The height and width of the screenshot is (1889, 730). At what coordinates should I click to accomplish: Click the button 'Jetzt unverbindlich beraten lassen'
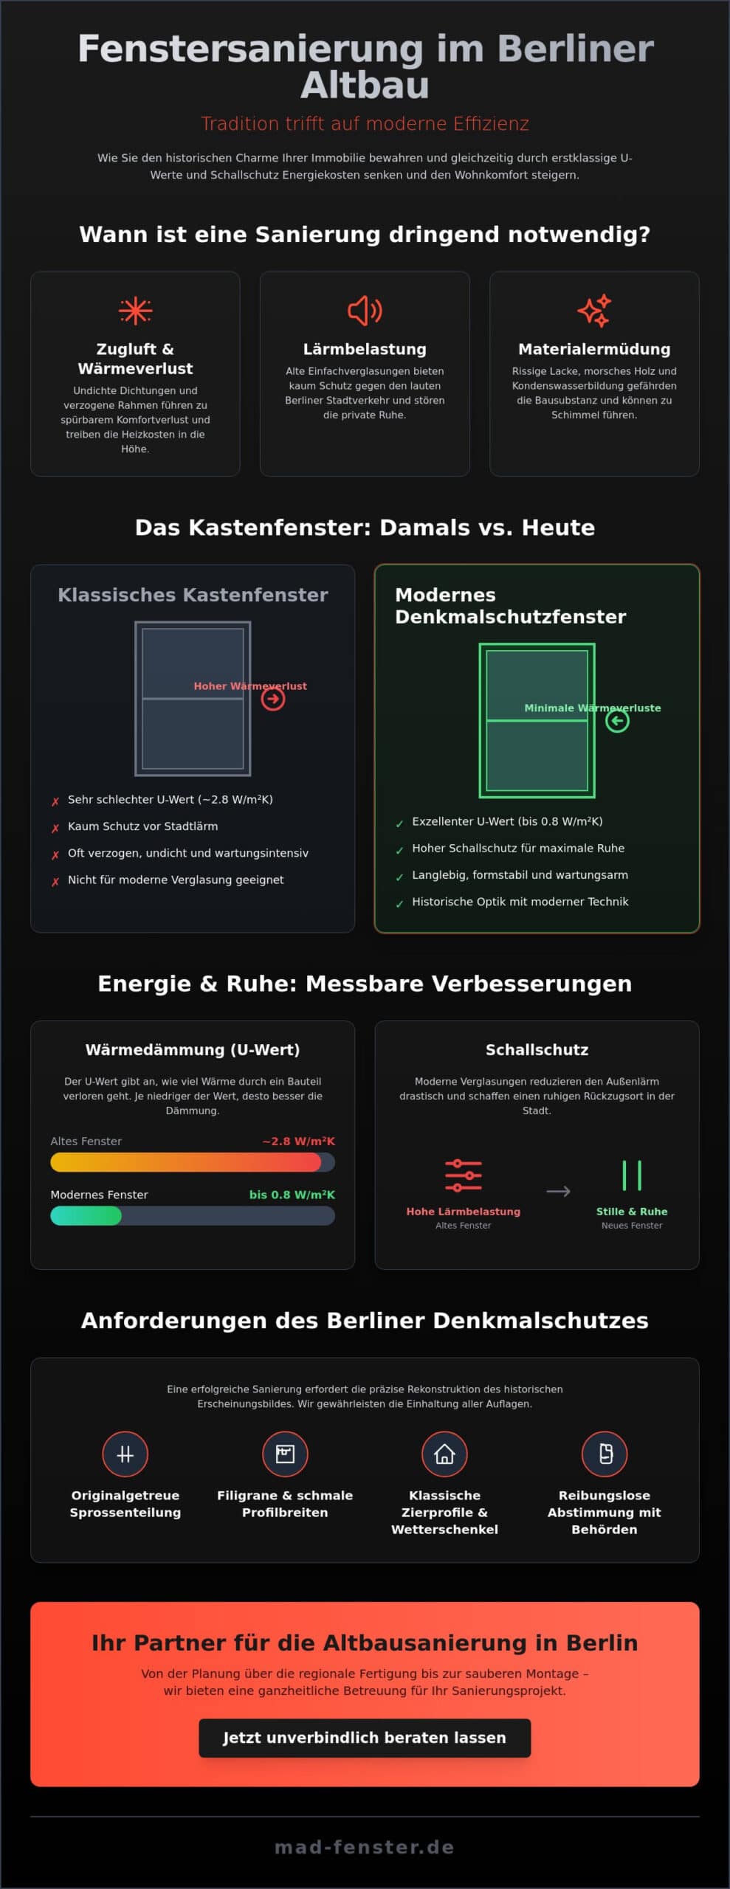[x=365, y=1738]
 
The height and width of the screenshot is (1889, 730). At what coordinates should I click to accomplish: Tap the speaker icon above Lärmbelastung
[x=365, y=311]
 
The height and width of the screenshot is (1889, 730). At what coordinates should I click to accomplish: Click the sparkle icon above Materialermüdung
[x=594, y=311]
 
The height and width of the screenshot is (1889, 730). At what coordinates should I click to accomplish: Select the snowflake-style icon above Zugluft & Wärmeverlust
[x=135, y=311]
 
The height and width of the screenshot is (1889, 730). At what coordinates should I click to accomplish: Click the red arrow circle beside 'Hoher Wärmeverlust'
[x=273, y=699]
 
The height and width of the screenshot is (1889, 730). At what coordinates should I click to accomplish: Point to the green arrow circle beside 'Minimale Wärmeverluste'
[x=617, y=721]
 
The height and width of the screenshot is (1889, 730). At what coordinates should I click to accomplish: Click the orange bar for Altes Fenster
[x=185, y=1162]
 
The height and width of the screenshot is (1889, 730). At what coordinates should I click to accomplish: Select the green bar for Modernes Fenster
[x=86, y=1215]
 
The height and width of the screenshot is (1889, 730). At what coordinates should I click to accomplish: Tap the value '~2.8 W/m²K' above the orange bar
[x=298, y=1141]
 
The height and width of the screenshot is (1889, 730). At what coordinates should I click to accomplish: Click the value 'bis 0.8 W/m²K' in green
[x=292, y=1195]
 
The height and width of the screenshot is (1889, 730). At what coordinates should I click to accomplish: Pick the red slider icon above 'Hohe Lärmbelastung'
[x=464, y=1175]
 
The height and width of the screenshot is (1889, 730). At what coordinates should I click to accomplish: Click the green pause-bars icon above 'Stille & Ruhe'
[x=632, y=1175]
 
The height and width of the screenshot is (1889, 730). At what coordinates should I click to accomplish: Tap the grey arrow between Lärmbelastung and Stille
[x=558, y=1191]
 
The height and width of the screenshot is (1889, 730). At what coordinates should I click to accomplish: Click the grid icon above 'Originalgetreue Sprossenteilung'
[x=125, y=1454]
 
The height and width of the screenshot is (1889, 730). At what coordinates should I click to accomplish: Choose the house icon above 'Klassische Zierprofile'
[x=444, y=1454]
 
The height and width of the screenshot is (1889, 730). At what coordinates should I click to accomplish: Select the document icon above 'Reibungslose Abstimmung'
[x=605, y=1454]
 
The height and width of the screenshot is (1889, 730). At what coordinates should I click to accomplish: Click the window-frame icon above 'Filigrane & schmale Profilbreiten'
[x=285, y=1454]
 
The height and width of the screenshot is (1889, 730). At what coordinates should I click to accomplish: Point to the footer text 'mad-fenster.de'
[x=365, y=1847]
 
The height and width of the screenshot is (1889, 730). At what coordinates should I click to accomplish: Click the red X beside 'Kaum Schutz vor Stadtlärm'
[x=55, y=828]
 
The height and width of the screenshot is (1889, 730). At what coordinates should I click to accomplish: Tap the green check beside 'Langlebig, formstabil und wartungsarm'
[x=399, y=877]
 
